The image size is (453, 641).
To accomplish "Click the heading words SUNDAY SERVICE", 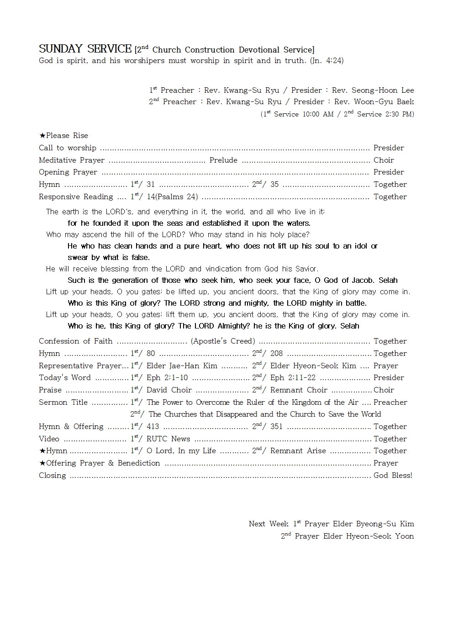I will click(85, 49).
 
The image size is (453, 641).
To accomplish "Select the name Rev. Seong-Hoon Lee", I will click(373, 90).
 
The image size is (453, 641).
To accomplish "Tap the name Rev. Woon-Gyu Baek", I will click(374, 102).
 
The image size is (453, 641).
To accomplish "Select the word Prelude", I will click(223, 160).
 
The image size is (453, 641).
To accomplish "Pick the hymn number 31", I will click(151, 185).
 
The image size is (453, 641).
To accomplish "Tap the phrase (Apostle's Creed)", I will click(223, 341).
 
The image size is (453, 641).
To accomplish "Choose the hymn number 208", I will click(276, 354).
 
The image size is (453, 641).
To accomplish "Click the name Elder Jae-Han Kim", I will click(182, 366).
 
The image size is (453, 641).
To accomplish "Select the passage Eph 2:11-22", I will click(293, 378).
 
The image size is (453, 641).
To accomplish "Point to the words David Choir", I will click(169, 390).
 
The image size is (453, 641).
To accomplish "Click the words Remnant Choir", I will click(299, 390).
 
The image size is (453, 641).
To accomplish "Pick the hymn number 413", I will click(153, 427).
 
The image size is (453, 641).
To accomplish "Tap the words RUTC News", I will click(168, 439).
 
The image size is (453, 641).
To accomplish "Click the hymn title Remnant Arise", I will click(298, 451).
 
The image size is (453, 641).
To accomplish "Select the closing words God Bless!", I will click(393, 476).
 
